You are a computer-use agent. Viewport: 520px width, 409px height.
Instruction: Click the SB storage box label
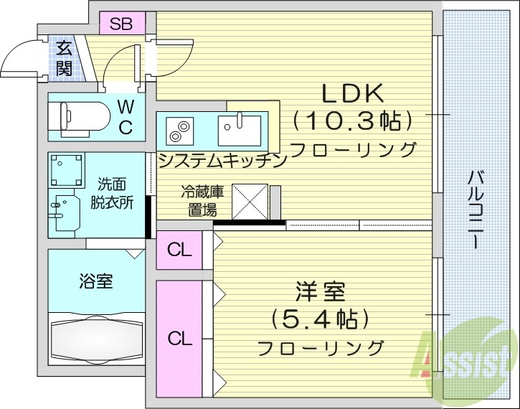click(120, 23)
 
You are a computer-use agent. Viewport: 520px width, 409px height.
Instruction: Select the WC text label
click(125, 118)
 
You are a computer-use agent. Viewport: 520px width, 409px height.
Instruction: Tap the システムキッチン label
click(222, 161)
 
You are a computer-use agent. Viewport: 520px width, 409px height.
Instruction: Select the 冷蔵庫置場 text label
click(202, 201)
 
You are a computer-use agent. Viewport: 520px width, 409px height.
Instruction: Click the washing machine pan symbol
click(65, 170)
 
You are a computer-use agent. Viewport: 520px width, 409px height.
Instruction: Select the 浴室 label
click(95, 281)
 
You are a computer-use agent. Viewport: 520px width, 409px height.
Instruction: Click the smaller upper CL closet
click(179, 250)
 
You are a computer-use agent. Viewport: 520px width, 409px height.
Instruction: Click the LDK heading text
click(353, 93)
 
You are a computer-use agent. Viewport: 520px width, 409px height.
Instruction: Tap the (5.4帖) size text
click(321, 317)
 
